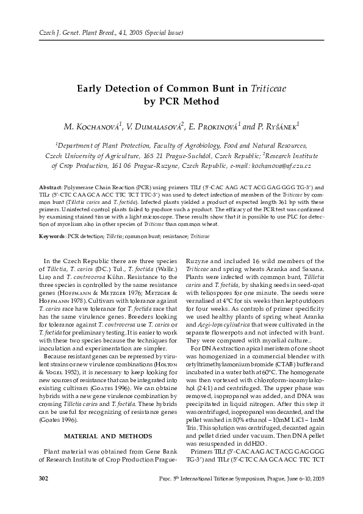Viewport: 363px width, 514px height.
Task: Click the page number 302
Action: pyautogui.click(x=44, y=494)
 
